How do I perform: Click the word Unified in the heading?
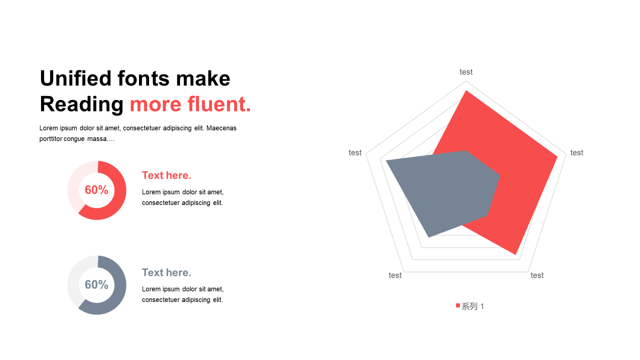tap(75, 78)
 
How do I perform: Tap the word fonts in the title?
tap(143, 78)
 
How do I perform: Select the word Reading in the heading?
tap(81, 104)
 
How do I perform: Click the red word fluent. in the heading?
tap(219, 104)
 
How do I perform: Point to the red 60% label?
tap(96, 190)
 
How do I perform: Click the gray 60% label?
tap(96, 285)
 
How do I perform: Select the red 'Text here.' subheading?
tap(166, 175)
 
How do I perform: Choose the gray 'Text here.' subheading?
tap(166, 272)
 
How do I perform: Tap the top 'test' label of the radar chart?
tap(466, 72)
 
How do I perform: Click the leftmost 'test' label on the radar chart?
tap(355, 153)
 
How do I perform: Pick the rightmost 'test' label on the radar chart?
tap(576, 153)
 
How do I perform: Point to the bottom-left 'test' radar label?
tap(395, 275)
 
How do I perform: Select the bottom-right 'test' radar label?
tap(537, 275)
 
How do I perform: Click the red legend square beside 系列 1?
tap(458, 305)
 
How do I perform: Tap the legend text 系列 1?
tap(473, 306)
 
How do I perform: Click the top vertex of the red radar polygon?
tap(466, 90)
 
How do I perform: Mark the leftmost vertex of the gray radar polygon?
tap(386, 161)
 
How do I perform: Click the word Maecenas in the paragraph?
tap(221, 128)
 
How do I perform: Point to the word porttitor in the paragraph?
tap(50, 139)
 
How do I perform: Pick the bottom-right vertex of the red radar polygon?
tap(515, 254)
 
